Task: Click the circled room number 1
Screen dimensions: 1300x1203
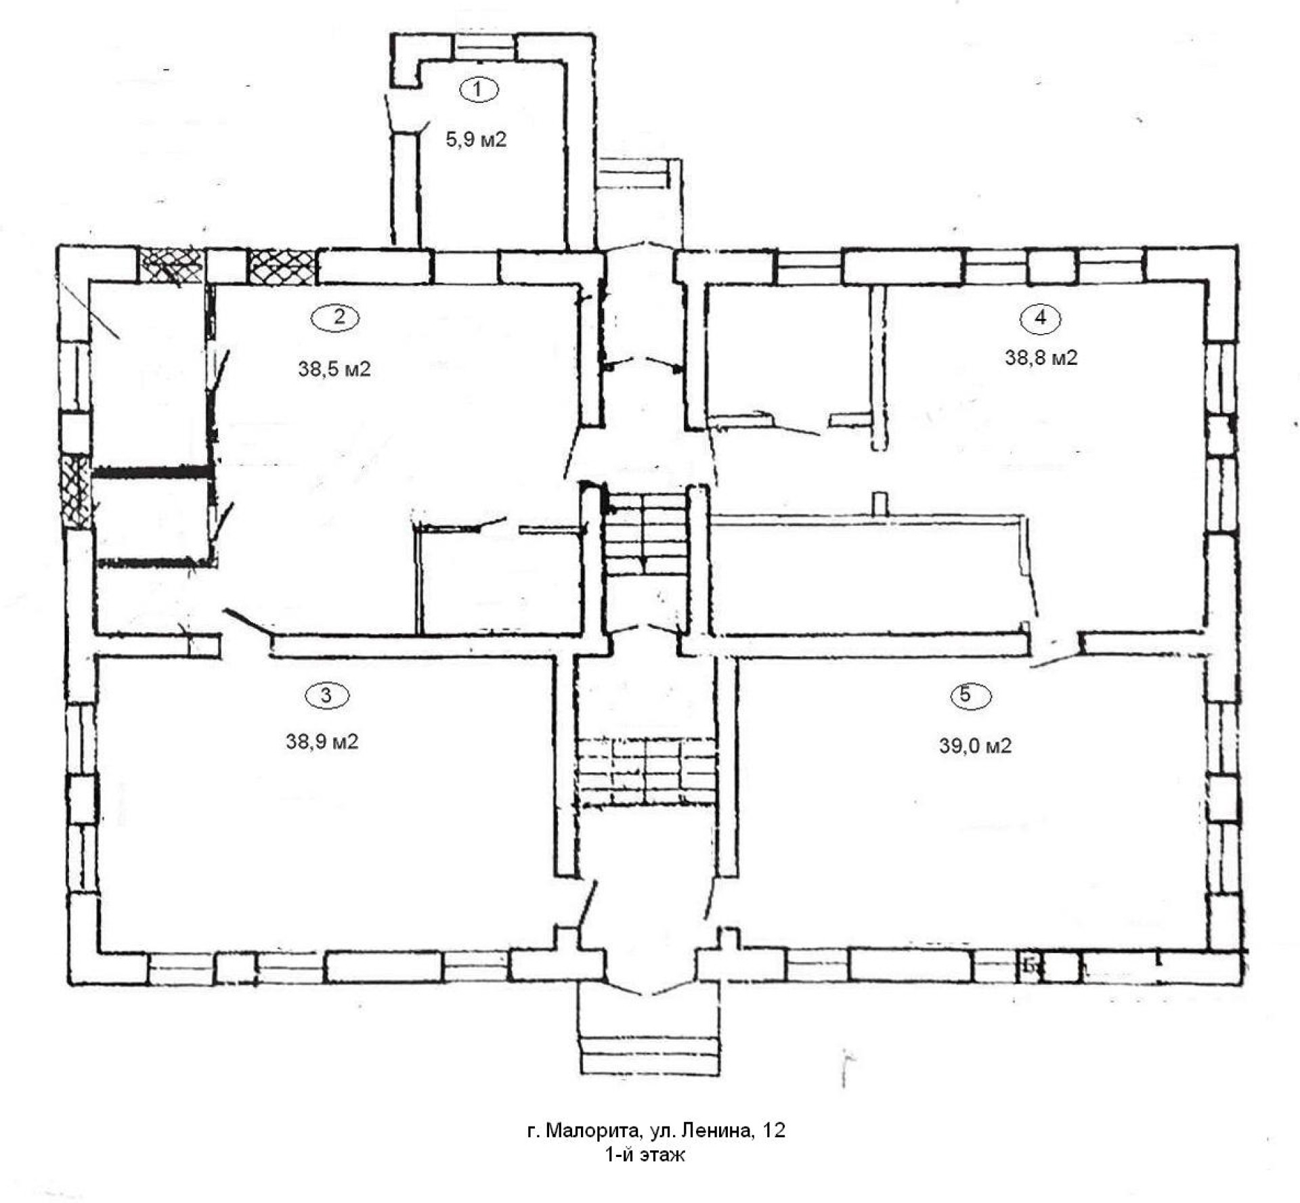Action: (479, 89)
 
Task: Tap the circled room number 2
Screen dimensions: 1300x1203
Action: (335, 318)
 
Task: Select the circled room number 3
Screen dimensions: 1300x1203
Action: (327, 695)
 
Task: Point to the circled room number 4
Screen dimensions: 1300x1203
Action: (1041, 318)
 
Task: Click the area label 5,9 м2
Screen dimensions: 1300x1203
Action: (476, 140)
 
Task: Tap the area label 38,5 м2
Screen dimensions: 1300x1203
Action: (334, 370)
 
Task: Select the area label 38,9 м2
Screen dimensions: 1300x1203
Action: (322, 742)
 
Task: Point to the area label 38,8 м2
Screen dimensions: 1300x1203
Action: (1041, 357)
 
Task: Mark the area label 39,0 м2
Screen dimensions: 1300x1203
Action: (976, 746)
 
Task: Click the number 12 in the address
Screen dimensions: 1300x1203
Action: (774, 1131)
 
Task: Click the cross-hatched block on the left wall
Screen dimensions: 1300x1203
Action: (75, 491)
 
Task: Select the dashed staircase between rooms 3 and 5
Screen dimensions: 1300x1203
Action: (648, 772)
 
